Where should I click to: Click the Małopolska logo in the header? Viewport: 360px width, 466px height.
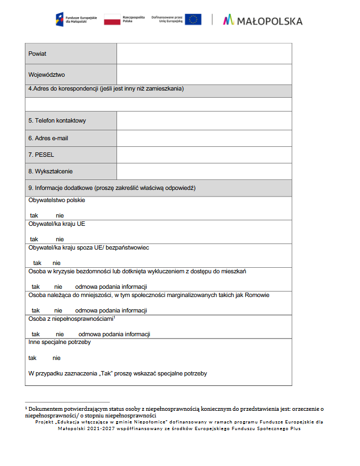pos(263,20)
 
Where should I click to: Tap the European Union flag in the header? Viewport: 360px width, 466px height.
pos(193,20)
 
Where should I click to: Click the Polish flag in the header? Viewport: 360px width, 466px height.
pos(112,20)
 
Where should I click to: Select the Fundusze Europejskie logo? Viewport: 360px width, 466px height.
pos(76,20)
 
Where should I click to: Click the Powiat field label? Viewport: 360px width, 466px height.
pos(38,54)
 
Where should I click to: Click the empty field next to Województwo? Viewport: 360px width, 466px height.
pos(204,74)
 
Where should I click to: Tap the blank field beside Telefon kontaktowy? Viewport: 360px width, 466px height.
pos(204,120)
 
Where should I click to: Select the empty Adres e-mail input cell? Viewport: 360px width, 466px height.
pos(204,138)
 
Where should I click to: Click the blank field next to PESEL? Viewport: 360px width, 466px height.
pos(204,155)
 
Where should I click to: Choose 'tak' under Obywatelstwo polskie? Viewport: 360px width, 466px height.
pos(34,215)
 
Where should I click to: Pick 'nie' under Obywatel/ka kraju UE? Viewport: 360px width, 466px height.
pos(60,239)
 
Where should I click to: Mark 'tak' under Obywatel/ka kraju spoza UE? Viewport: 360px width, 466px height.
pos(37,263)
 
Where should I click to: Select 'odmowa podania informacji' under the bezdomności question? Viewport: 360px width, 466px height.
pos(111,287)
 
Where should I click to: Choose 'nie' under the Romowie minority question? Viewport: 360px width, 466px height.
pos(58,310)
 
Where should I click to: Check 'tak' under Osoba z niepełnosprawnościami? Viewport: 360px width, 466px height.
pos(36,334)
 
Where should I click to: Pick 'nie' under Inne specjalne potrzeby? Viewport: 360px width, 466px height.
pos(56,358)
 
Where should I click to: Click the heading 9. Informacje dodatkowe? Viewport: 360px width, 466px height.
pos(112,188)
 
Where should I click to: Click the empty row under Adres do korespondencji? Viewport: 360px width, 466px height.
pos(158,103)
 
